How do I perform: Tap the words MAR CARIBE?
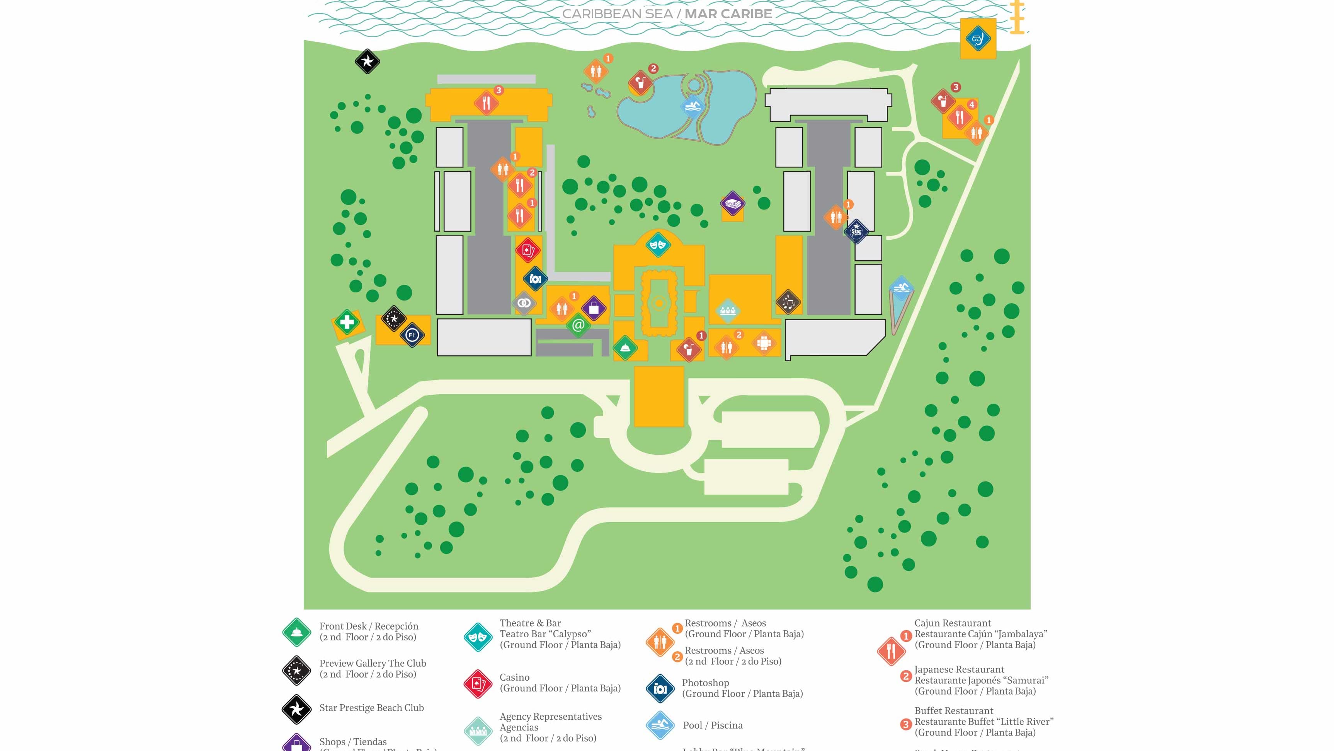(728, 14)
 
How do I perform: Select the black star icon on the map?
(367, 61)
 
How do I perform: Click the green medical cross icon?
(347, 323)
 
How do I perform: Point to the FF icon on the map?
(412, 335)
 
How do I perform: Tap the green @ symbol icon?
(579, 325)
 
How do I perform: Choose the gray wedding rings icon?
(524, 303)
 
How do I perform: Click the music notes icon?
(788, 302)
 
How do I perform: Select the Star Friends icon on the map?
(856, 231)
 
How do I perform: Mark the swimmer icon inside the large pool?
(693, 107)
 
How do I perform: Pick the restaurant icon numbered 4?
(960, 117)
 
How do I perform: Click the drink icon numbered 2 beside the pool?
(641, 82)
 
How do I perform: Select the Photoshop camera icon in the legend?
(660, 688)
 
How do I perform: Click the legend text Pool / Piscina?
(712, 725)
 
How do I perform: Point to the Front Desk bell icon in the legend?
(297, 632)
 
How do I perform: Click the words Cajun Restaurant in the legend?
(952, 623)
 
